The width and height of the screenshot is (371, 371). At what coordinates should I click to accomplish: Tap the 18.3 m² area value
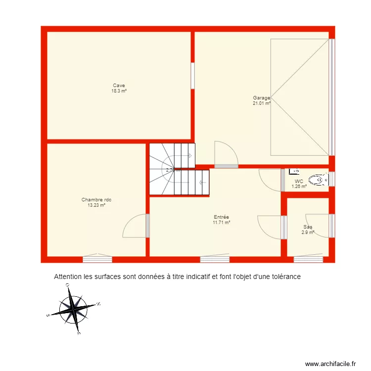pos(119,91)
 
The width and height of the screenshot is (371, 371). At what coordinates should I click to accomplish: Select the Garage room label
pos(261,98)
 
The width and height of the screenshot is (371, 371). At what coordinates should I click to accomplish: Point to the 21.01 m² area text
pos(262,103)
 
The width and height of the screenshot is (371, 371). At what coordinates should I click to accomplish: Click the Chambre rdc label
pos(96,200)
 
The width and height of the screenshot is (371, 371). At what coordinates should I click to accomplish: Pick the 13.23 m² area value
pos(96,205)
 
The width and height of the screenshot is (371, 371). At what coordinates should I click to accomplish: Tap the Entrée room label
pos(221,217)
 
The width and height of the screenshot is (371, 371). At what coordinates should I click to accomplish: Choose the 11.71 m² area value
pos(221,223)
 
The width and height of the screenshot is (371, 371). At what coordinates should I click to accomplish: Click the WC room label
pos(299,182)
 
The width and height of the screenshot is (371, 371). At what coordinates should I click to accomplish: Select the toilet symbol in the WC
pos(319,181)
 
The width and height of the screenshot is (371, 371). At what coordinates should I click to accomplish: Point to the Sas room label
pos(308,227)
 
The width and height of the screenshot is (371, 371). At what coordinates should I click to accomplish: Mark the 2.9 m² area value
pos(308,232)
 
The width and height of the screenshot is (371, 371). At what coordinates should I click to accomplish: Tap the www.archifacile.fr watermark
pos(330,364)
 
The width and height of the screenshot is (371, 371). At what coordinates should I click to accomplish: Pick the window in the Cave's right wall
pos(192,75)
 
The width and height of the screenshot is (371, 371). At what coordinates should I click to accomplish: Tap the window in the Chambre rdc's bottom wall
pos(97,258)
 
